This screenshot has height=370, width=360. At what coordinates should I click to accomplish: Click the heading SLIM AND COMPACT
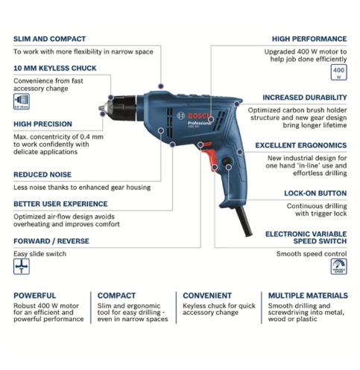[x=49, y=39]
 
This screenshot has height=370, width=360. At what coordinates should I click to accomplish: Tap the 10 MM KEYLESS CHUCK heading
[x=54, y=68]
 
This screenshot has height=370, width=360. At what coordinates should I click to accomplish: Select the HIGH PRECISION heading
[x=43, y=124]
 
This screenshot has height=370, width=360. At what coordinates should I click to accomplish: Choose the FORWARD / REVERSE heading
[x=51, y=240]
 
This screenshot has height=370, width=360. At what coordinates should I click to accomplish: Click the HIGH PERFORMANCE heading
[x=309, y=39]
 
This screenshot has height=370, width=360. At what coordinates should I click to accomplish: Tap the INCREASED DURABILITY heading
[x=304, y=97]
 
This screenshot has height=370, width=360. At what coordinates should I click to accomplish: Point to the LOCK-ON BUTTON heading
[x=315, y=192]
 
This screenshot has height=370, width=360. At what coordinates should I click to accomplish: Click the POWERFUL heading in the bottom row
[x=34, y=295]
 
